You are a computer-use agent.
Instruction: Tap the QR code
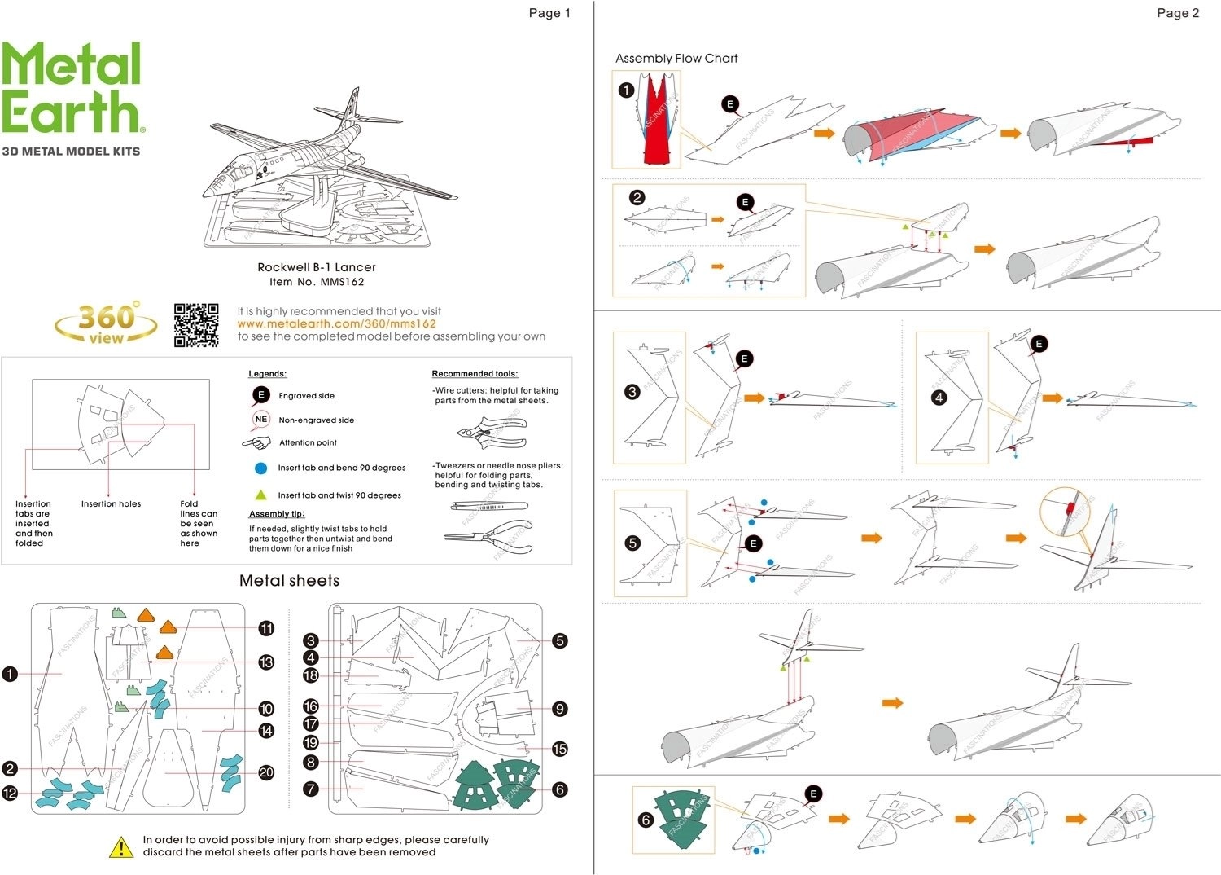click(x=196, y=325)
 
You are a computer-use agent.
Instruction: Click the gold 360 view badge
click(x=107, y=323)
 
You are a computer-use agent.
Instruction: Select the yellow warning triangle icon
click(x=121, y=847)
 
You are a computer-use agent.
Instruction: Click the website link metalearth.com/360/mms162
click(x=336, y=323)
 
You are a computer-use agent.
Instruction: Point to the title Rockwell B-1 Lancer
click(x=317, y=267)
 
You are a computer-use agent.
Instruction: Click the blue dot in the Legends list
click(x=260, y=468)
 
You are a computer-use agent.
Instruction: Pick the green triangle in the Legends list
click(x=260, y=495)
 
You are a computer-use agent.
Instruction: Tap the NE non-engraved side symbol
click(x=260, y=419)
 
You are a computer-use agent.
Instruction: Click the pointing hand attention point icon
click(x=256, y=443)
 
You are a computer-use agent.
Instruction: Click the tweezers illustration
click(x=489, y=506)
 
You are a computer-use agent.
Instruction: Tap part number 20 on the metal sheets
click(x=266, y=772)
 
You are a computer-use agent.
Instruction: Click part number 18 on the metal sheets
click(x=310, y=675)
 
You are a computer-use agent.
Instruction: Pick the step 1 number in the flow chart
click(x=626, y=90)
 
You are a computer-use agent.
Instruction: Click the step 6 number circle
click(x=646, y=820)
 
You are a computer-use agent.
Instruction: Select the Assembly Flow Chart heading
click(x=676, y=59)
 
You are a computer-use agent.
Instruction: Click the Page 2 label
click(x=1177, y=13)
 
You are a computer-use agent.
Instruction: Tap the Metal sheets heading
click(x=289, y=581)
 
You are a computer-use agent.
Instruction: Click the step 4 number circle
click(x=939, y=398)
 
